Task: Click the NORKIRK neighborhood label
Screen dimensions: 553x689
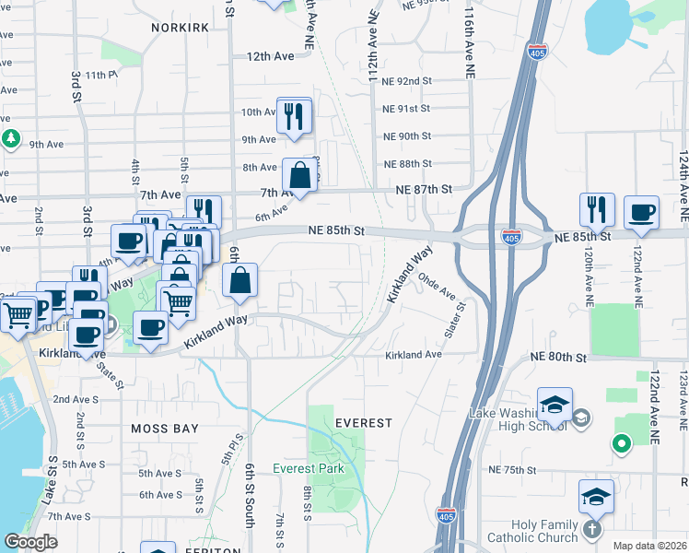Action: click(x=181, y=29)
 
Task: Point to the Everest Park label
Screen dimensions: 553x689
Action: click(x=309, y=468)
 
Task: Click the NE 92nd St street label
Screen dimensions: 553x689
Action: click(x=406, y=81)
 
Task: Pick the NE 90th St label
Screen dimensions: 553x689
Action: click(x=406, y=136)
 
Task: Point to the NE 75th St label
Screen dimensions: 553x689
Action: click(x=512, y=470)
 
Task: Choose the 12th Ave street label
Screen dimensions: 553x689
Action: click(x=270, y=56)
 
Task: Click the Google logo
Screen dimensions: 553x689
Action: click(x=30, y=542)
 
